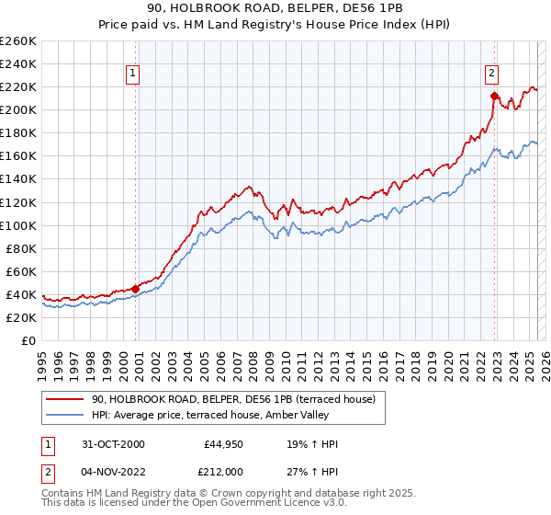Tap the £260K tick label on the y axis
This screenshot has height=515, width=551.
coord(18,41)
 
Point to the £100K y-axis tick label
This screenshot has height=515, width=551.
coord(18,225)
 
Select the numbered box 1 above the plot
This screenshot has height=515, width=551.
coord(133,74)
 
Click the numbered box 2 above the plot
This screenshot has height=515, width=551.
coord(492,74)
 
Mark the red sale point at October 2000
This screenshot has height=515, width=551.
coord(136,289)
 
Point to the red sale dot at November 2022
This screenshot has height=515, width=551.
coord(494,96)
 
